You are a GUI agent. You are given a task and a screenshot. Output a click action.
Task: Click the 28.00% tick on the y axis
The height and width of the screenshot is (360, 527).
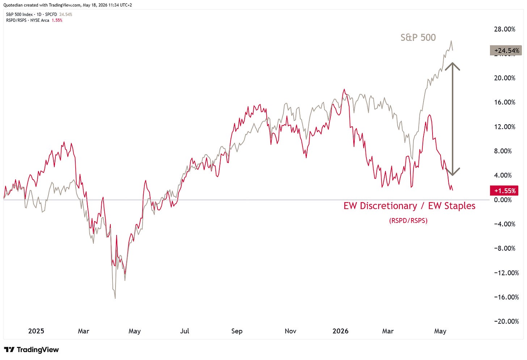pyautogui.click(x=505, y=29)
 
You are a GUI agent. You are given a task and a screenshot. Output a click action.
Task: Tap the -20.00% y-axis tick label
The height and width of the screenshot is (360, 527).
pyautogui.click(x=506, y=321)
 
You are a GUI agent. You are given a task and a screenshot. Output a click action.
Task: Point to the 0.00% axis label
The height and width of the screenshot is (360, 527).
pyautogui.click(x=503, y=200)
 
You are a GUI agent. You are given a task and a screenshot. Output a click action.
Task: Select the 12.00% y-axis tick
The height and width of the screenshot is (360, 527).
pyautogui.click(x=505, y=127)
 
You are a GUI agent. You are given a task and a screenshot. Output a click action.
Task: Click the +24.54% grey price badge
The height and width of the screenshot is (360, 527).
pyautogui.click(x=506, y=51)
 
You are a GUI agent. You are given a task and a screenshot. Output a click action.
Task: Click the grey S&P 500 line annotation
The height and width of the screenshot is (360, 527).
pyautogui.click(x=418, y=38)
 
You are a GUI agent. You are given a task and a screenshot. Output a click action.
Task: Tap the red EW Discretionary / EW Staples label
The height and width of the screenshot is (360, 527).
pyautogui.click(x=409, y=206)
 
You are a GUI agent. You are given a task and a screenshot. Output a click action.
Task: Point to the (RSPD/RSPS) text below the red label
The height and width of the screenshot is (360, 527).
pyautogui.click(x=408, y=221)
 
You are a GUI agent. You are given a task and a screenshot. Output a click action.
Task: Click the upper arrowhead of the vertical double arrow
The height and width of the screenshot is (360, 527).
pyautogui.click(x=452, y=64)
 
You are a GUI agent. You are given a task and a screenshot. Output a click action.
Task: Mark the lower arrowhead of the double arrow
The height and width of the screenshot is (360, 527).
pyautogui.click(x=452, y=175)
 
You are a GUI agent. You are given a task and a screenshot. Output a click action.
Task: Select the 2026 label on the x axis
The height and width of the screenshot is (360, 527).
pyautogui.click(x=341, y=331)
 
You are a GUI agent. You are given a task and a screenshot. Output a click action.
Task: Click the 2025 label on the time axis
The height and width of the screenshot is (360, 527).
pyautogui.click(x=36, y=331)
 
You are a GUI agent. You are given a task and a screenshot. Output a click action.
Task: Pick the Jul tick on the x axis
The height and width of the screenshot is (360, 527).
pyautogui.click(x=185, y=331)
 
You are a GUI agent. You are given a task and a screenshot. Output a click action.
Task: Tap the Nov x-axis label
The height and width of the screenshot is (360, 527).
pyautogui.click(x=290, y=331)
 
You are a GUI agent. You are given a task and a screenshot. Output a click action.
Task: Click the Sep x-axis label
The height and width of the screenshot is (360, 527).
pyautogui.click(x=237, y=331)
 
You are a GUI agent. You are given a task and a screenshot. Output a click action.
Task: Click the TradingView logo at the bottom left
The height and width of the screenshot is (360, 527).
pyautogui.click(x=31, y=349)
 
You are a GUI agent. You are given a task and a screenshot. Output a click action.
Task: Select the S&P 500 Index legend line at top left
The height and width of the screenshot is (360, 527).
pyautogui.click(x=39, y=14)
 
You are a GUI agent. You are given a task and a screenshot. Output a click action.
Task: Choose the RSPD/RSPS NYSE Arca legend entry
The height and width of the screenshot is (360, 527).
pyautogui.click(x=34, y=21)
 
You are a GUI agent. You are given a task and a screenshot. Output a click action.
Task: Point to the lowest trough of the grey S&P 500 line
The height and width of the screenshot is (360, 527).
pyautogui.click(x=115, y=298)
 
